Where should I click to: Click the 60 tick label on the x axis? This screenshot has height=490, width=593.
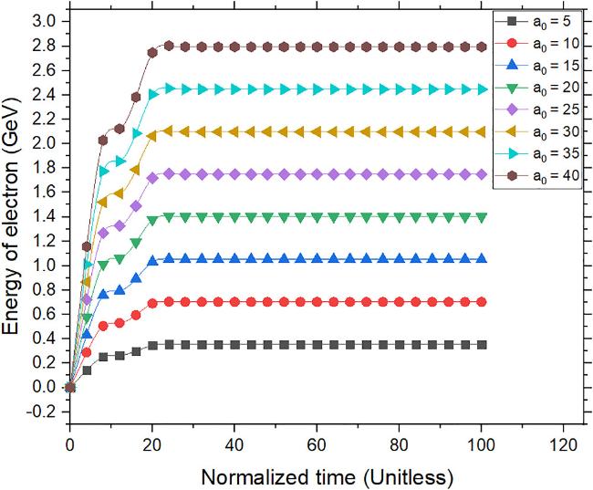click(317, 446)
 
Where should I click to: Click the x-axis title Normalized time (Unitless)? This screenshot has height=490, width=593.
click(327, 475)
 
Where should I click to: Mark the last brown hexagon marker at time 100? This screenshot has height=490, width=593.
click(482, 46)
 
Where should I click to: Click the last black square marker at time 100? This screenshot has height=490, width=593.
click(482, 345)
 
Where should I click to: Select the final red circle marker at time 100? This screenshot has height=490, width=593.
click(482, 302)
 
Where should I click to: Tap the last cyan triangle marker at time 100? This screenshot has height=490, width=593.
click(482, 89)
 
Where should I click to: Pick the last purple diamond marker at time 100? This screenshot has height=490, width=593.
click(482, 173)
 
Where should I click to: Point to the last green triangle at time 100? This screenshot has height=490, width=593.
click(482, 217)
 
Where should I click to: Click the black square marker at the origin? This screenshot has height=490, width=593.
click(70, 387)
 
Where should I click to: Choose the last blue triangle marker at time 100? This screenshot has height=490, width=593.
click(482, 259)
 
